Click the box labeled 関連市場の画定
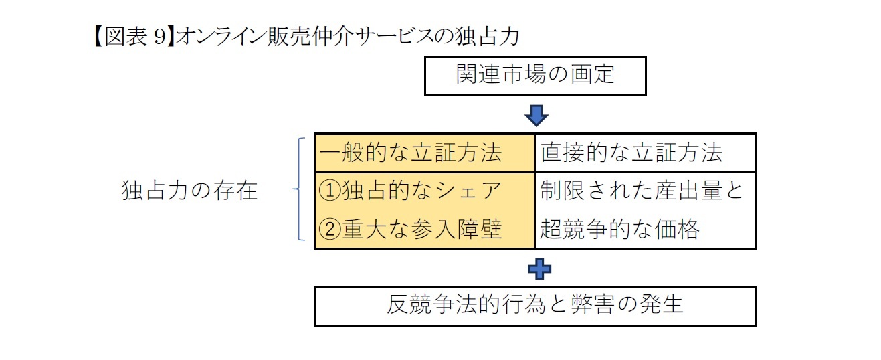pos(535,76)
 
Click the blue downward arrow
pos(536,116)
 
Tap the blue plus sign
pos(539,269)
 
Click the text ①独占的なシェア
pos(410,191)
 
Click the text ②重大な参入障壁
pos(410,230)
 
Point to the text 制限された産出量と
pos(642,191)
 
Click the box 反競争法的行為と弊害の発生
pos(535,306)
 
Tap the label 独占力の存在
pos(190,192)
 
